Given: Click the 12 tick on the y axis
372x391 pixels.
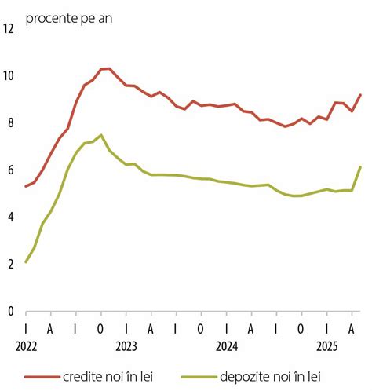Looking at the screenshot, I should pos(9,29).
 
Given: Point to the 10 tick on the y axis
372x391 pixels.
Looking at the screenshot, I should pos(9,76).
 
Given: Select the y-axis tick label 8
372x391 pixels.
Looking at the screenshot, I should pos(9,123).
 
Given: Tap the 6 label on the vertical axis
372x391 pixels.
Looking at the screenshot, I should pos(9,170).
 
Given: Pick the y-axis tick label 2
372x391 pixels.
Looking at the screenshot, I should pos(9,265).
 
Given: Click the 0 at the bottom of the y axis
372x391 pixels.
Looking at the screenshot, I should pos(9,312).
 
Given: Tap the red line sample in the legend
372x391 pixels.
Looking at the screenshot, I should pos(41,377).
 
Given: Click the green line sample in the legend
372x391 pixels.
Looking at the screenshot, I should pos(202,377).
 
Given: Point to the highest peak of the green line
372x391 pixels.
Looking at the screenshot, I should pos(100,135).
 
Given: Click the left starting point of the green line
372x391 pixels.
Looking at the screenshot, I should pos(26,262).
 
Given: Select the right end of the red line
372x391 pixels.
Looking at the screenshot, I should pos(360,95).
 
